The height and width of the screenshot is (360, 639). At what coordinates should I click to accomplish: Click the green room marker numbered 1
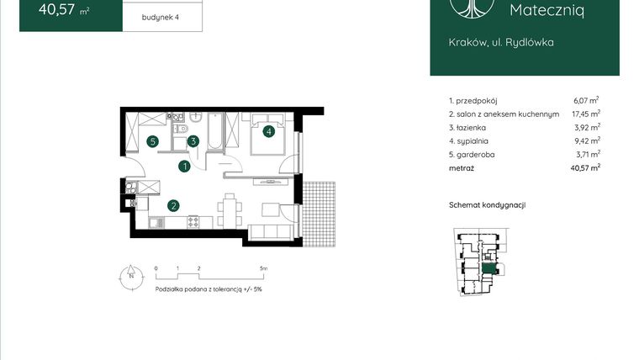pyautogui.click(x=183, y=167)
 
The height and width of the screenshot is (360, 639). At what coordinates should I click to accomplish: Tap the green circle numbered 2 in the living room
pyautogui.click(x=172, y=204)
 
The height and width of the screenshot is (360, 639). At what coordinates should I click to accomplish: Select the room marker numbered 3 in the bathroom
pyautogui.click(x=193, y=141)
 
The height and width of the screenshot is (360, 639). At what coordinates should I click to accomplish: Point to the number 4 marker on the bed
pyautogui.click(x=268, y=130)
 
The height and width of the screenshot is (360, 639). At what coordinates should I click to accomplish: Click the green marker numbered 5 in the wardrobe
pyautogui.click(x=152, y=141)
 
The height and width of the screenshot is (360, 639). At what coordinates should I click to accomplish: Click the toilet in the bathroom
pyautogui.click(x=178, y=130)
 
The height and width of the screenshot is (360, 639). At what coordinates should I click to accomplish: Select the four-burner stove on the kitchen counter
pyautogui.click(x=192, y=222)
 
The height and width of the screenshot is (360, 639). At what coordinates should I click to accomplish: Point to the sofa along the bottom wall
pyautogui.click(x=272, y=231)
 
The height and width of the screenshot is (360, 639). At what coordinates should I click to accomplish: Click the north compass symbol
pyautogui.click(x=130, y=276)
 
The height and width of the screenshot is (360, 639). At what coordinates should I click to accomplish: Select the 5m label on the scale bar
pyautogui.click(x=263, y=268)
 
